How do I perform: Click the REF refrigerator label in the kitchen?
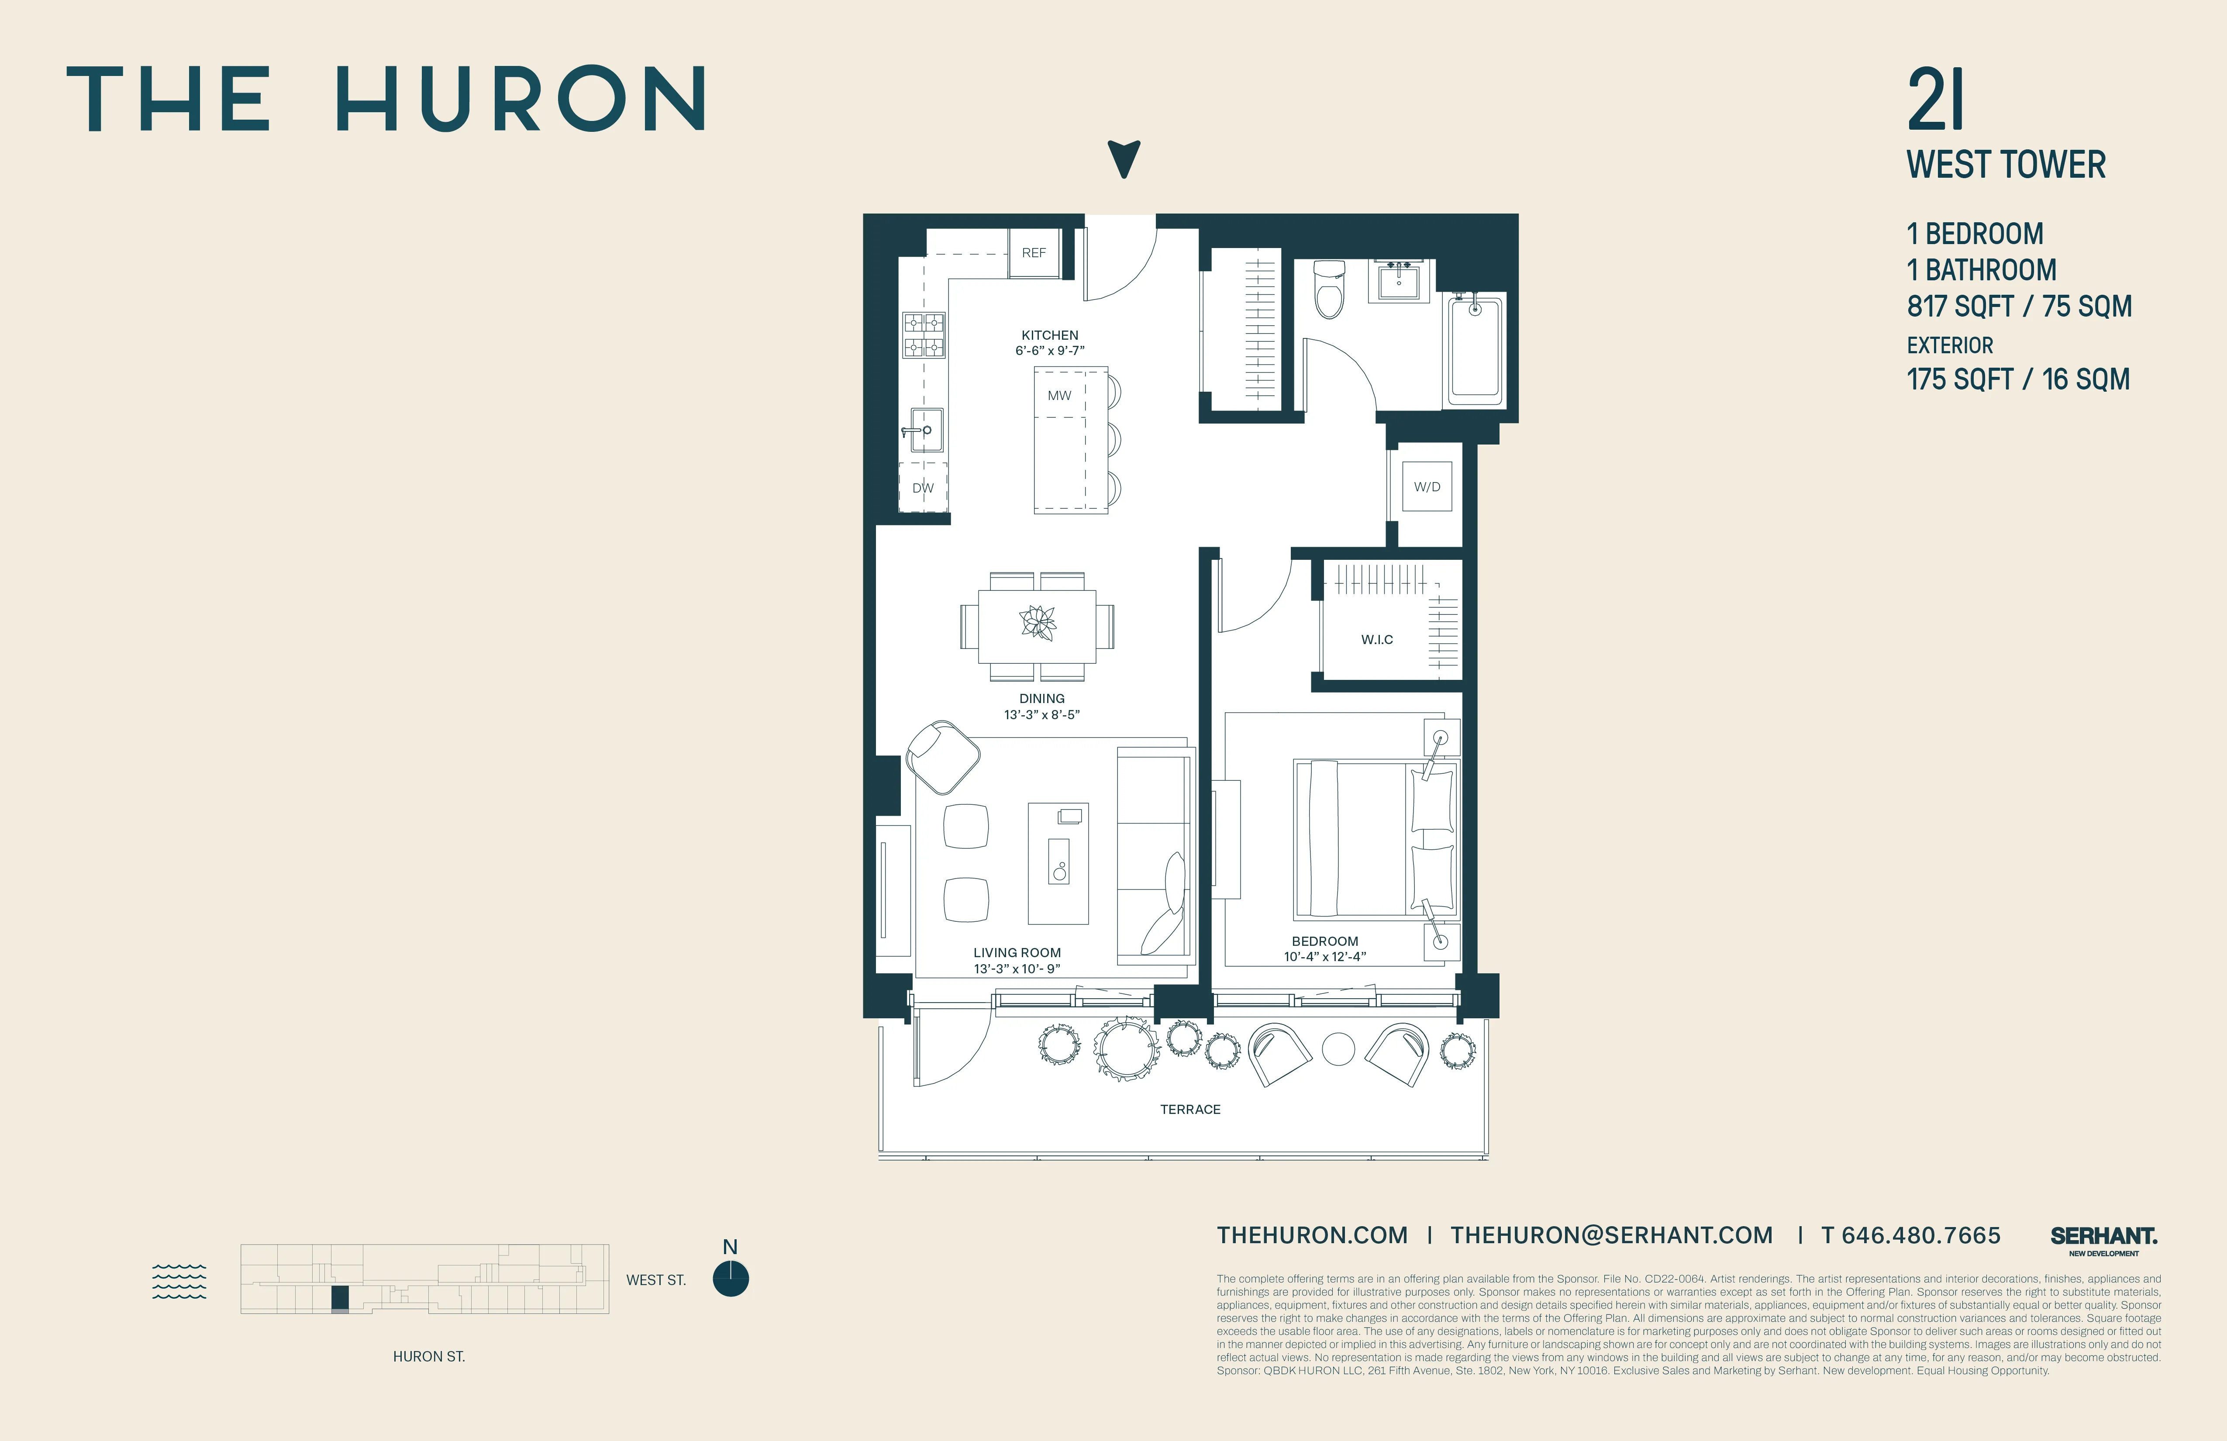(x=1033, y=253)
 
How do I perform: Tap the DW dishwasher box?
(x=923, y=487)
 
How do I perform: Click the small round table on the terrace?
(x=1338, y=1049)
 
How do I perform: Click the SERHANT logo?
(x=2103, y=1237)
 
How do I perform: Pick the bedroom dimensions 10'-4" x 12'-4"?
(x=1324, y=956)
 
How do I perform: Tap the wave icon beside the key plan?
(x=179, y=1281)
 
